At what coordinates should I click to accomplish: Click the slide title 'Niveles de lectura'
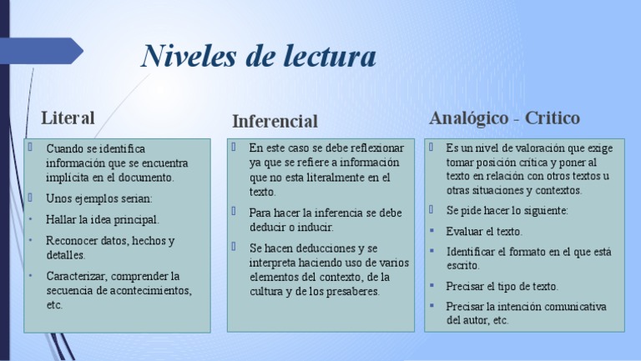pyautogui.click(x=259, y=57)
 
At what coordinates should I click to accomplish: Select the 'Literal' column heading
pyautogui.click(x=68, y=117)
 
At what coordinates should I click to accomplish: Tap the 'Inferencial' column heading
pyautogui.click(x=275, y=121)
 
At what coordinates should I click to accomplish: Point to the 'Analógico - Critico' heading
pyautogui.click(x=504, y=118)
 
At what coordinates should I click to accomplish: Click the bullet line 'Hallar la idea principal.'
pyautogui.click(x=103, y=219)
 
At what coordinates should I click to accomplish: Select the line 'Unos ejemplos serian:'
pyautogui.click(x=99, y=198)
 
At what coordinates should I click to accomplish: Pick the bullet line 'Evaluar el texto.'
pyautogui.click(x=484, y=231)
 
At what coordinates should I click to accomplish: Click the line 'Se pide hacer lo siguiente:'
pyautogui.click(x=507, y=210)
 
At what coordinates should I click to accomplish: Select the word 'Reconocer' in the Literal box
pyautogui.click(x=73, y=241)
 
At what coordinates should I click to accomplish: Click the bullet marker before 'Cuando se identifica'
pyautogui.click(x=29, y=148)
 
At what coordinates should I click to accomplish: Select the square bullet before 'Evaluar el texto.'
pyautogui.click(x=432, y=231)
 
